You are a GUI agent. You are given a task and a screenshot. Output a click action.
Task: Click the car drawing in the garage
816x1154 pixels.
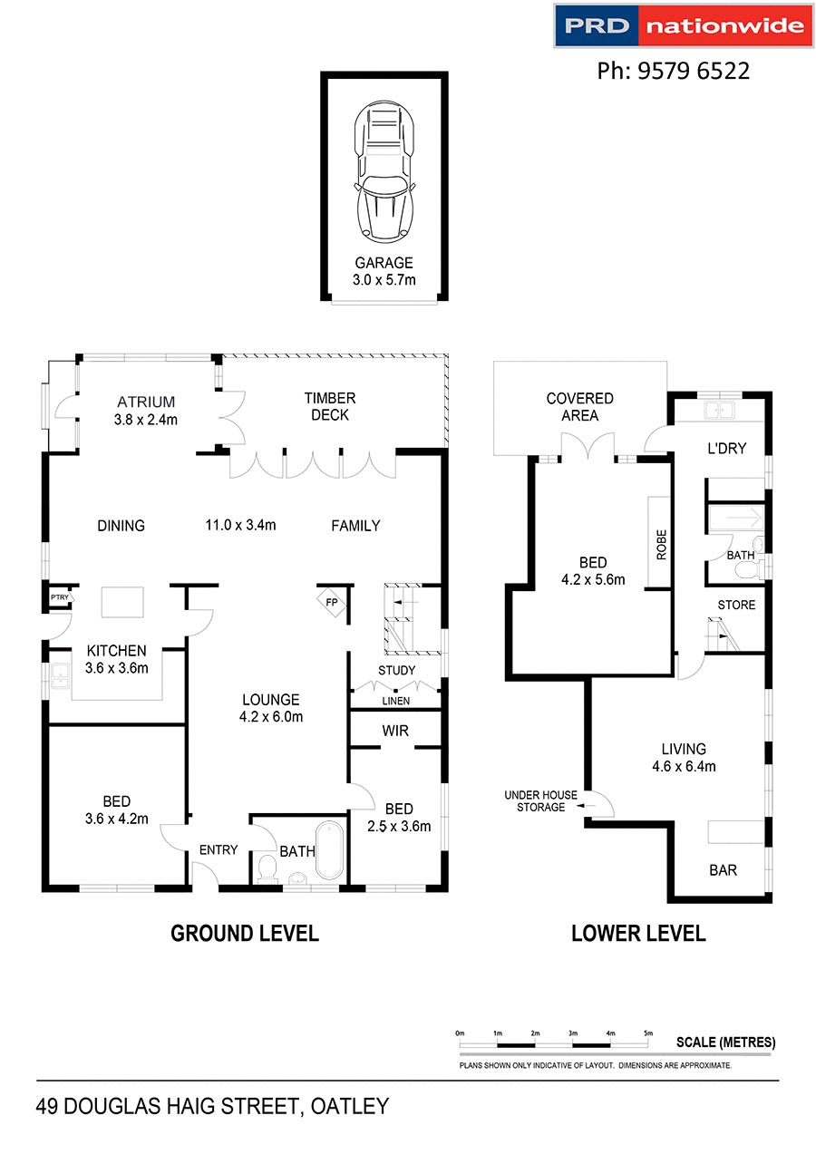[x=384, y=172]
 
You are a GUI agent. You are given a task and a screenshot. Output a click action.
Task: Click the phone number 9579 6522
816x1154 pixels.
[x=673, y=71]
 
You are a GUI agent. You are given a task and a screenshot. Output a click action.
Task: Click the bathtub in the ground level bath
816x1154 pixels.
[x=327, y=850]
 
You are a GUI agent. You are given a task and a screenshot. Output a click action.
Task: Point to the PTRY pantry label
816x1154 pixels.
[x=60, y=597]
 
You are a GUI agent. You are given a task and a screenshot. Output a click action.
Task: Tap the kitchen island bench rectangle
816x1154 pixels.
[x=121, y=601]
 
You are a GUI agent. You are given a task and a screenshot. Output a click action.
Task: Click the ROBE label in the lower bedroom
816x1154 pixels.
[x=660, y=544]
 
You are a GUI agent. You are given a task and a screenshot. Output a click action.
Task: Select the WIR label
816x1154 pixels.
[x=394, y=730]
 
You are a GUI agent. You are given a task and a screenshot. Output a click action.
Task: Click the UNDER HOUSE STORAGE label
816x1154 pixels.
[x=540, y=801]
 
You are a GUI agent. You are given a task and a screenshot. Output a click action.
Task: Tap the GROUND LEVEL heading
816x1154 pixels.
[x=245, y=933]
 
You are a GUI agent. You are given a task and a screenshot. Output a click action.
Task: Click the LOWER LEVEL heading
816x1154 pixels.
[x=638, y=933]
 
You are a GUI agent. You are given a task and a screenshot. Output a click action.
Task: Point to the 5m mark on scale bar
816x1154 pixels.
[x=647, y=1033]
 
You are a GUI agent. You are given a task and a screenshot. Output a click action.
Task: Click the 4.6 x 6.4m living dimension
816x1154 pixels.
[x=684, y=766]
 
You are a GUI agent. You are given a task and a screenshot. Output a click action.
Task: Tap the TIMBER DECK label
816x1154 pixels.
[x=330, y=406]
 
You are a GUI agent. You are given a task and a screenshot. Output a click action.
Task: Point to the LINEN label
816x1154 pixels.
[x=395, y=701]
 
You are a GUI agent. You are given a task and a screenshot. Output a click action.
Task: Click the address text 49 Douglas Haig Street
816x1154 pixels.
[x=212, y=1106]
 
